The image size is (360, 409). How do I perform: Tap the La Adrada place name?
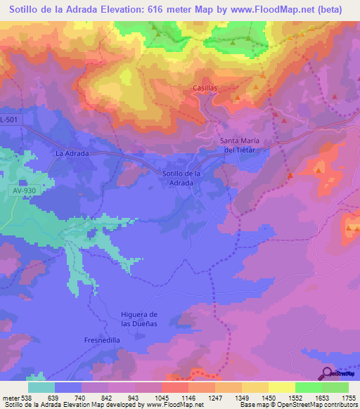70,152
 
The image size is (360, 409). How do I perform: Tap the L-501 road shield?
11,120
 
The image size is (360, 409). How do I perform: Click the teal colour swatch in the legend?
41,387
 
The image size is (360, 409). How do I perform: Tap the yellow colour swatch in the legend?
282,387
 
